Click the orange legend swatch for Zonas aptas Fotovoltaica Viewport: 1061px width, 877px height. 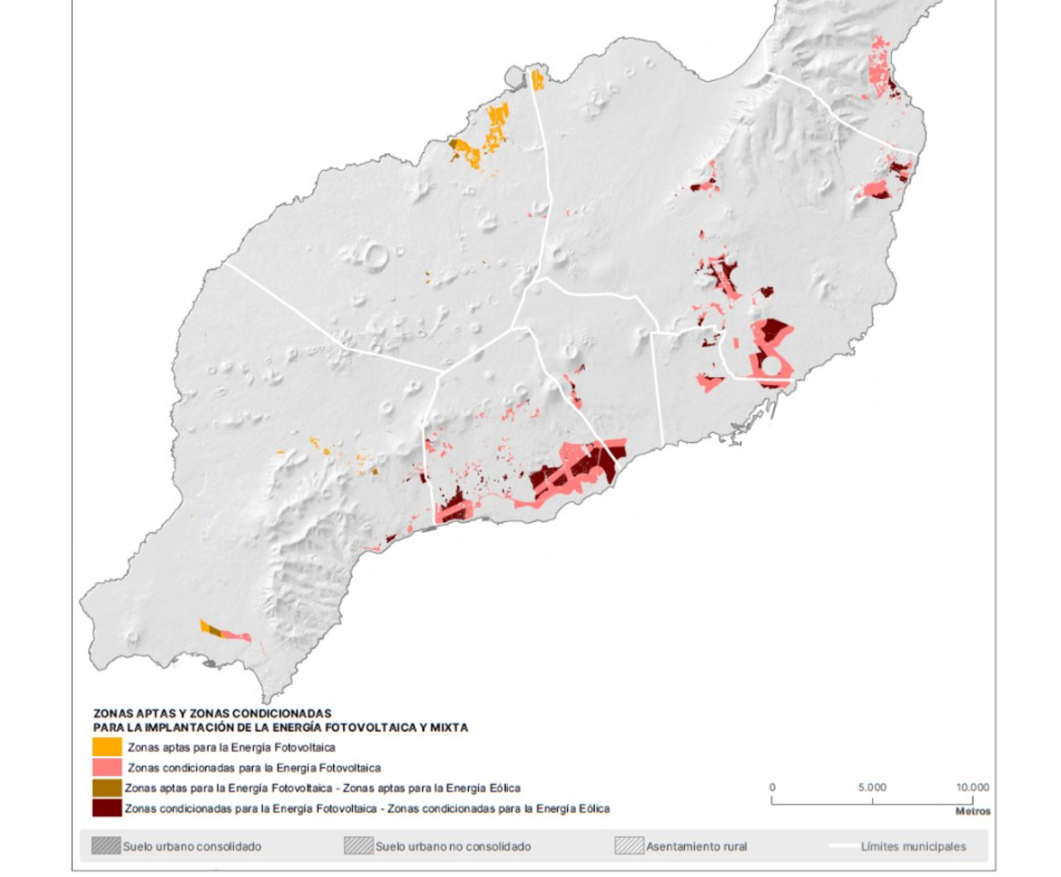click(x=106, y=747)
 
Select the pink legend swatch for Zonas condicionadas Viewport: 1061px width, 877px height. click(x=106, y=767)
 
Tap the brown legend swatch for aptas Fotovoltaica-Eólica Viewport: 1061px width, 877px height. click(x=106, y=787)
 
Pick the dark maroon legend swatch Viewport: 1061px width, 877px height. click(x=106, y=808)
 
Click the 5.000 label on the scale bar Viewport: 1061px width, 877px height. click(x=872, y=787)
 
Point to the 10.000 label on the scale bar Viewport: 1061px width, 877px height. click(x=972, y=787)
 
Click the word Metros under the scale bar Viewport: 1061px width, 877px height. click(x=972, y=812)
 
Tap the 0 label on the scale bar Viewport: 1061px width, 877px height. click(x=772, y=787)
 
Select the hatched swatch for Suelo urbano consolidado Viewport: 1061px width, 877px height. click(x=106, y=846)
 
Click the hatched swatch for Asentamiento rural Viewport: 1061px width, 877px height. click(x=629, y=846)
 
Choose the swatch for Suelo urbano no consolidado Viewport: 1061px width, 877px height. click(x=358, y=846)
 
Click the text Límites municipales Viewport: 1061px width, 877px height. click(x=913, y=846)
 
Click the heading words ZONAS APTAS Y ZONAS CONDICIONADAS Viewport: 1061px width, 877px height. click(x=212, y=713)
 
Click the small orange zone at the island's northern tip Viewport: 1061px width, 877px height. click(x=537, y=80)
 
